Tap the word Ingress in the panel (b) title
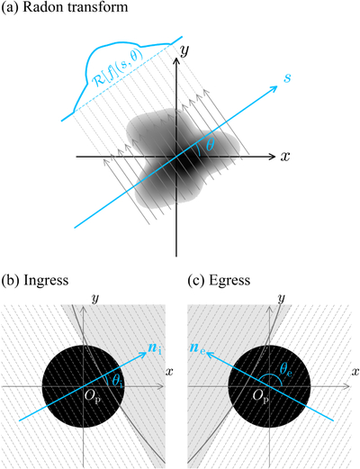46,280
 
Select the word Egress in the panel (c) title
229,280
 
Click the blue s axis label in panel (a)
287,78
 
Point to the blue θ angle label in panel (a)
211,146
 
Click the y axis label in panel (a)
184,51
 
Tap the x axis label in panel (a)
285,157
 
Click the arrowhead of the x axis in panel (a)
272,157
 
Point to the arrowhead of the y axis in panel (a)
176,60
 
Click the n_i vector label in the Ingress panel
155,348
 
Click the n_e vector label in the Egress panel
197,348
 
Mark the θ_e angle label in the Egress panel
285,368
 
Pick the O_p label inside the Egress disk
261,397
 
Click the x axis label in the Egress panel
355,372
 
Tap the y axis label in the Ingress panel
95,298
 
